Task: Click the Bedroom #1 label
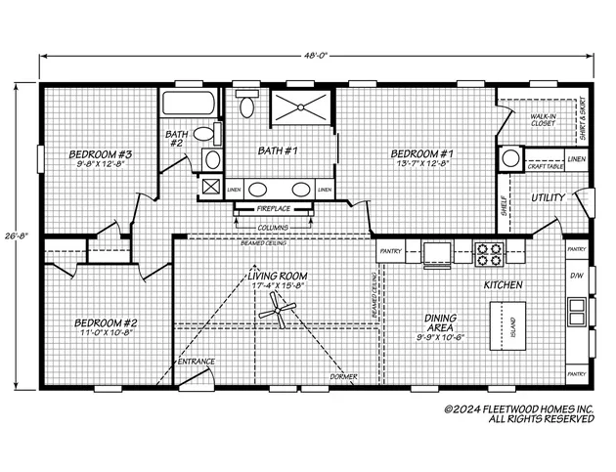point(422,159)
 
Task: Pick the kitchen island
point(506,323)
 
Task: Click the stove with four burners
point(488,253)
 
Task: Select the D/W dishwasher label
point(576,276)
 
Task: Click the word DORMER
point(343,376)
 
